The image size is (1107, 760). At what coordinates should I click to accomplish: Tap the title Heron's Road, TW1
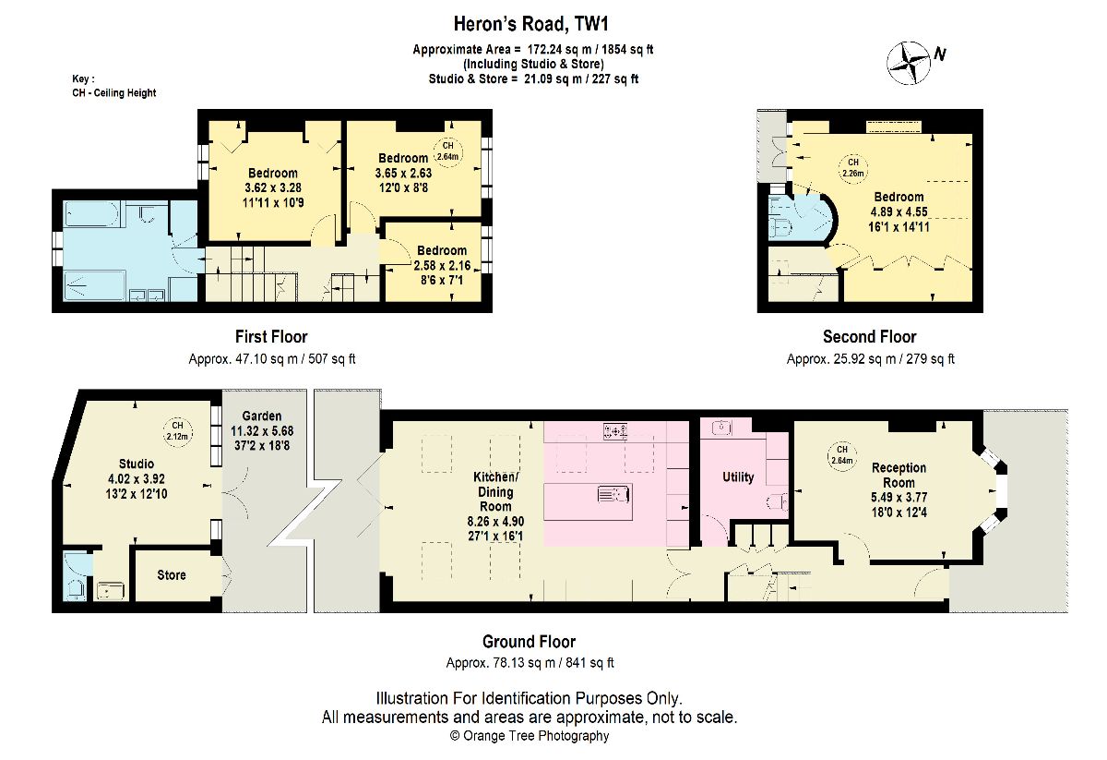pos(530,24)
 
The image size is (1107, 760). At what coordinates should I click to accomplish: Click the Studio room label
pos(137,464)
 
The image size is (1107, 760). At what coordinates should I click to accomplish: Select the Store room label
pos(172,575)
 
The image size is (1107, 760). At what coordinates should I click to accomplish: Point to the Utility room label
pos(738,477)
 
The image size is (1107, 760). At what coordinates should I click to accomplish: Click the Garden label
pos(262,416)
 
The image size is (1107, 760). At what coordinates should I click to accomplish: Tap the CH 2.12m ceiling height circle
pos(177,431)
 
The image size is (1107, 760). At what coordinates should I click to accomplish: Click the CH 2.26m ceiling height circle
pos(853,168)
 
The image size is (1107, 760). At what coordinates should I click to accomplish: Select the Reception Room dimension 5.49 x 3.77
pos(899,497)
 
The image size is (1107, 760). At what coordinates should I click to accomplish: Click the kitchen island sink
pos(613,494)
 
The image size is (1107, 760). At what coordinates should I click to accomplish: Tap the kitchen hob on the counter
pos(614,431)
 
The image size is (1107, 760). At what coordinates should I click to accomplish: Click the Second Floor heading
pos(869,337)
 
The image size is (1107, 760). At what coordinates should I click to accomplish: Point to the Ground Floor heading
pos(529,642)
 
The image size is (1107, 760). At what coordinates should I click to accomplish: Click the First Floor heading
pos(271,337)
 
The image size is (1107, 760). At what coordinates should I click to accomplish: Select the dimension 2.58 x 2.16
pos(442,266)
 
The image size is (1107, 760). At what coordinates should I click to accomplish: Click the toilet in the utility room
pos(778,502)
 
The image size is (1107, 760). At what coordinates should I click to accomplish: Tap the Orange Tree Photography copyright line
pos(530,736)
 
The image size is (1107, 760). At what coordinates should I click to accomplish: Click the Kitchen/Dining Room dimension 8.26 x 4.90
pos(495,521)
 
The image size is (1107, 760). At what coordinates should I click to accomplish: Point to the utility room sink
pos(721,427)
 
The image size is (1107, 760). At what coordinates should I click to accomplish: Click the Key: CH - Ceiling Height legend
pos(114,86)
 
